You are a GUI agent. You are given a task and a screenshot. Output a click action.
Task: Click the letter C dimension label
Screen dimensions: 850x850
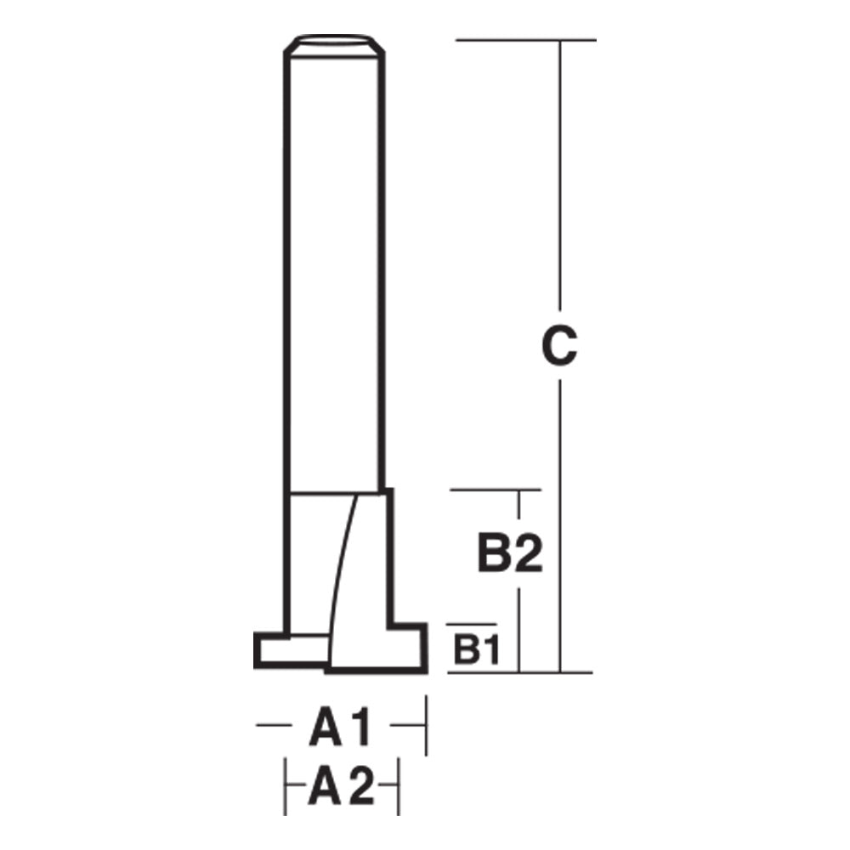559,345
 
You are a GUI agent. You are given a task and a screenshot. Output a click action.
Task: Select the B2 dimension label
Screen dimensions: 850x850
508,557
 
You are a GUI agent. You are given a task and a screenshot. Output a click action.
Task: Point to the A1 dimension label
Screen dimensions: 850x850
340,729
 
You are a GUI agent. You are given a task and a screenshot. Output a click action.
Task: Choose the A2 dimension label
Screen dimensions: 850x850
341,788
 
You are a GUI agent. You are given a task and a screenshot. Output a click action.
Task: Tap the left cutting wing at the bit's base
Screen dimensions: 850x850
289,651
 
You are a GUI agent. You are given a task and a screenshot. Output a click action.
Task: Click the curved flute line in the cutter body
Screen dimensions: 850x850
342,578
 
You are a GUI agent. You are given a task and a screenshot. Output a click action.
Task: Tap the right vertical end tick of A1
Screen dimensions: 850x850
425,725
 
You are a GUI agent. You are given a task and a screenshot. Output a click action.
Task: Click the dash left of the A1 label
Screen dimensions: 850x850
274,725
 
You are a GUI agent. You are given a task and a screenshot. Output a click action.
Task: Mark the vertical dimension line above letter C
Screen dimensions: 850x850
559,170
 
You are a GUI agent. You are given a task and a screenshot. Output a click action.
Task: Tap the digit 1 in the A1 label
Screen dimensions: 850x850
362,729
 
